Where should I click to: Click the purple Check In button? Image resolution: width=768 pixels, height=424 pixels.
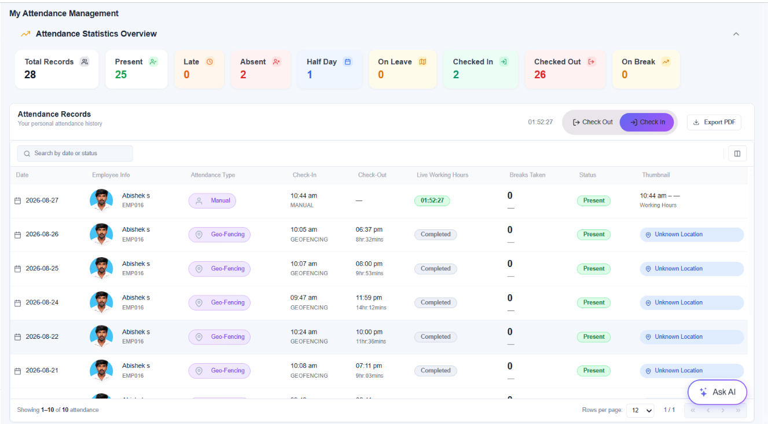coord(646,122)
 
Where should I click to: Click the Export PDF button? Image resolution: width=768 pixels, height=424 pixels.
coord(714,122)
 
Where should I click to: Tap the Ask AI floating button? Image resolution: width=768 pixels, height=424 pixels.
coord(717,392)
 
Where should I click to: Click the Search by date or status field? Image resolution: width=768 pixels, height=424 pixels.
coord(75,153)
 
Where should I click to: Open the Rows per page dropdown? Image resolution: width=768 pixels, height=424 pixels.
coord(640,410)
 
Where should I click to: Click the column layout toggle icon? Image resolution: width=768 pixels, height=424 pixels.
coord(737,153)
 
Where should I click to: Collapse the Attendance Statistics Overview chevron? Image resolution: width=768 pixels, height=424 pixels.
coord(736,34)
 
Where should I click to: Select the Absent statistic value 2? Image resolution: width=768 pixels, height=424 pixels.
coord(243,75)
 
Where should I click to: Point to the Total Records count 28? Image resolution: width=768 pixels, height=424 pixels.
coord(30,75)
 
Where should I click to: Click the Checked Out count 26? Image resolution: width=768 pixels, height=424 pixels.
coord(540,75)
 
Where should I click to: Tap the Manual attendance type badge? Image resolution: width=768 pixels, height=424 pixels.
coord(212,200)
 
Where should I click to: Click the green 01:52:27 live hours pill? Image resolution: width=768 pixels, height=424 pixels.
coord(432,200)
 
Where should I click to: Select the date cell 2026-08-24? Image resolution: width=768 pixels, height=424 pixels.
coord(42,302)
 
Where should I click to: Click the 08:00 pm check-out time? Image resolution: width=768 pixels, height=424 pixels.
coord(369,264)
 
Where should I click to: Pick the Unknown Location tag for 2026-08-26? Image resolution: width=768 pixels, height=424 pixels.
coord(692,235)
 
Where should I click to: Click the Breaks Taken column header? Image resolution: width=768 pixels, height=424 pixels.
coord(527,175)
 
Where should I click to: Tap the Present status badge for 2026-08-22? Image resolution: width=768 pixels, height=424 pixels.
coord(594,337)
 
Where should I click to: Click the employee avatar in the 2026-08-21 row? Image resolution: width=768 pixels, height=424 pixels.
coord(101,371)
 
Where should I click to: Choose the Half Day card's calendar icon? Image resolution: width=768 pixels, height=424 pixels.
coord(348,62)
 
